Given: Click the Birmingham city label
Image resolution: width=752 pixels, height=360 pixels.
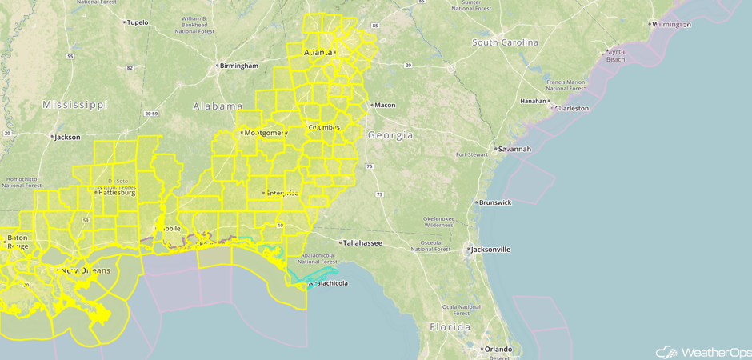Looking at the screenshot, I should point(240,66).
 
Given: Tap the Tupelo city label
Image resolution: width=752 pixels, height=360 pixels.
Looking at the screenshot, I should point(138,22).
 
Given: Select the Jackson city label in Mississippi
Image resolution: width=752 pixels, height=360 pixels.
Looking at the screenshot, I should point(67,137).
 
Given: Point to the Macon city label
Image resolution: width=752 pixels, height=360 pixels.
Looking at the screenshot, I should point(385,105).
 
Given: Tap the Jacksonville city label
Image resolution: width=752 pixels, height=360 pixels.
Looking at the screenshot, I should point(491,250).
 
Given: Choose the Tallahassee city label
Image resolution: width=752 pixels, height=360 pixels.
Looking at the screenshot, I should point(362,242).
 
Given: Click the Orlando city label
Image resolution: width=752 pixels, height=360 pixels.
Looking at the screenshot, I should point(496,349).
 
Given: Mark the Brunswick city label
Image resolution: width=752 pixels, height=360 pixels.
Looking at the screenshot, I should point(495,202).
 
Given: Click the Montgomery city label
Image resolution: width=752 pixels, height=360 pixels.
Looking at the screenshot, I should point(266,133).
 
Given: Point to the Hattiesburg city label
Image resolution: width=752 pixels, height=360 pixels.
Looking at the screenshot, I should point(117,193).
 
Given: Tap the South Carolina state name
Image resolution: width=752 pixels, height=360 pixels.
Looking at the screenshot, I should point(505,42).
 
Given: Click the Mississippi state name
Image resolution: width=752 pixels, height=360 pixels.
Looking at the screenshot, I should point(74,105).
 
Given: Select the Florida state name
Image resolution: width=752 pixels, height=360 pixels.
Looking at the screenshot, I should point(450,327).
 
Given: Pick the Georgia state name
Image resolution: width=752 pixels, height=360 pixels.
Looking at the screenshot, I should point(390,136).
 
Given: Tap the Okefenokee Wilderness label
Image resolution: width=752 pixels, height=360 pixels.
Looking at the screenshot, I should point(438,222).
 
